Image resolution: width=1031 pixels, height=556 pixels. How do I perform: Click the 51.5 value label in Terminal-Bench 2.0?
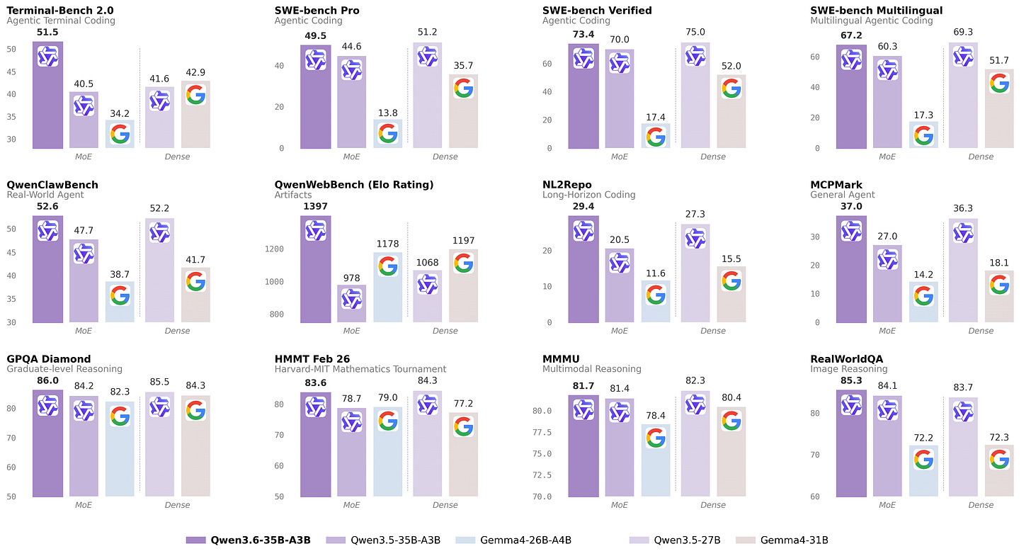[47, 33]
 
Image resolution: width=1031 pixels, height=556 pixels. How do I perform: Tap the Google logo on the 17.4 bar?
[656, 136]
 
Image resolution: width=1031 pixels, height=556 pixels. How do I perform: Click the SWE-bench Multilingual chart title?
[876, 11]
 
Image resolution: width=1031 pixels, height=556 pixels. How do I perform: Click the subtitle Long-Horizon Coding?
[588, 195]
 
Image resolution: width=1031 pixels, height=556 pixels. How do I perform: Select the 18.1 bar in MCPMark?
[999, 297]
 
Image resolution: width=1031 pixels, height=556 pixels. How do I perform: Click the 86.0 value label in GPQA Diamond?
[47, 381]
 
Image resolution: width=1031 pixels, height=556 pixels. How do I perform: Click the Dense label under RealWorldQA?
[981, 505]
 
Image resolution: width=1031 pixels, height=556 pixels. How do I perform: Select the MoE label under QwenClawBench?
[84, 331]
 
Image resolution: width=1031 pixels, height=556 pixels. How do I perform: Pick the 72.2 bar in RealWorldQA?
[923, 471]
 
